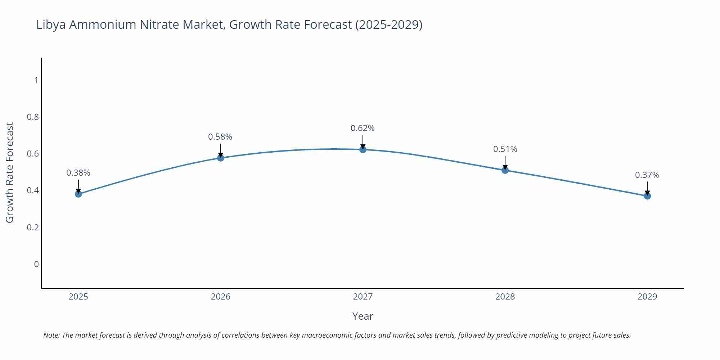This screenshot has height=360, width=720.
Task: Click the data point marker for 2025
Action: (78, 194)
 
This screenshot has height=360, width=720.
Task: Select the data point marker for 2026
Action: (221, 158)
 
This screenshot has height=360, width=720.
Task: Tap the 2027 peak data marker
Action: (363, 149)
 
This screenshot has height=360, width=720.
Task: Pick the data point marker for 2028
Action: (505, 170)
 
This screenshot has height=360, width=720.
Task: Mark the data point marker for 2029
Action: (647, 196)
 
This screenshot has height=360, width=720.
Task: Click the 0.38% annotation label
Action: (78, 173)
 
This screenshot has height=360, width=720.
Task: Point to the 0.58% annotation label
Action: (220, 137)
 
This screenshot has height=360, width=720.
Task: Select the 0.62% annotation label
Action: (363, 128)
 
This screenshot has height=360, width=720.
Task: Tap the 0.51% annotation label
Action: (505, 149)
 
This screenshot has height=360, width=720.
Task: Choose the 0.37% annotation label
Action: (647, 175)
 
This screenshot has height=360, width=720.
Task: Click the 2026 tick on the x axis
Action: (221, 297)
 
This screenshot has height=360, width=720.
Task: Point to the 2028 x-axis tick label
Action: (505, 297)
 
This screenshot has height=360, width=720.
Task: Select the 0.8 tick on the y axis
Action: (33, 117)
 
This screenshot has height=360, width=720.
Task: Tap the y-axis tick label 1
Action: (36, 80)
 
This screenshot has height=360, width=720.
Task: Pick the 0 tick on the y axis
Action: (36, 264)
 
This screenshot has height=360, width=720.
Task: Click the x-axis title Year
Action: (363, 316)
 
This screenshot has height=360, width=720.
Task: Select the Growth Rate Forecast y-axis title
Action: (10, 172)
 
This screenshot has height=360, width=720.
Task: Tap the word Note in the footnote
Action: (51, 335)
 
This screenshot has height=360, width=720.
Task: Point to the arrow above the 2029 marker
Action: (647, 188)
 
